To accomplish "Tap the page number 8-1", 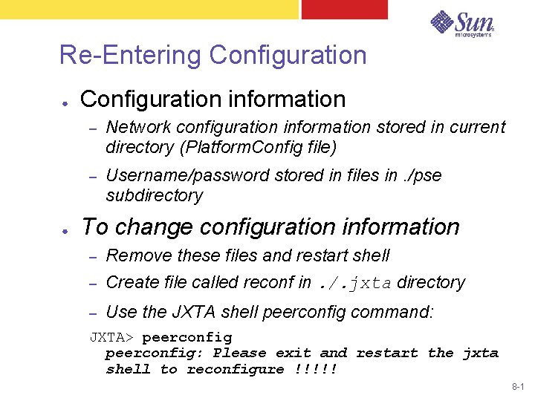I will (x=518, y=388).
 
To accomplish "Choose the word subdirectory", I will (x=155, y=195).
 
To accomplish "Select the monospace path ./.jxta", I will (x=355, y=283).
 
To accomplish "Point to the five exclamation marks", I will (x=315, y=369).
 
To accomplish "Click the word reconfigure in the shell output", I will (x=236, y=369).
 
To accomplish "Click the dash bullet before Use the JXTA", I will (x=93, y=313).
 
